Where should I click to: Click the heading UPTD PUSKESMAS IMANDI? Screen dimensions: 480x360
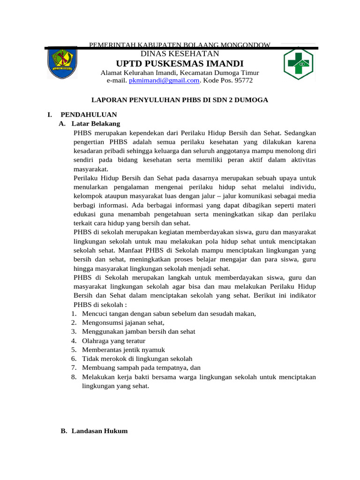180,63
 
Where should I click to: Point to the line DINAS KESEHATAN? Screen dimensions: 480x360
180,54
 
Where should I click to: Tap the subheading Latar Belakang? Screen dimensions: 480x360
96,124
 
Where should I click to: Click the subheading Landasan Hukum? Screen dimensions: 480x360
99,431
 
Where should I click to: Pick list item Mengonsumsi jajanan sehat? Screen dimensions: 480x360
123,322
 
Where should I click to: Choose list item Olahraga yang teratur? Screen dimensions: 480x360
113,341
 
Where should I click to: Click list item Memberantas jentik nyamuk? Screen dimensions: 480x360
123,350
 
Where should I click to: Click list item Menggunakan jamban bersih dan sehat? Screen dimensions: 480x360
138,331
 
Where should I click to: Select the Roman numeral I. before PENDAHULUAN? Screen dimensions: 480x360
49,114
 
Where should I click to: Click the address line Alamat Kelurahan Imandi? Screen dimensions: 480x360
180,73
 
